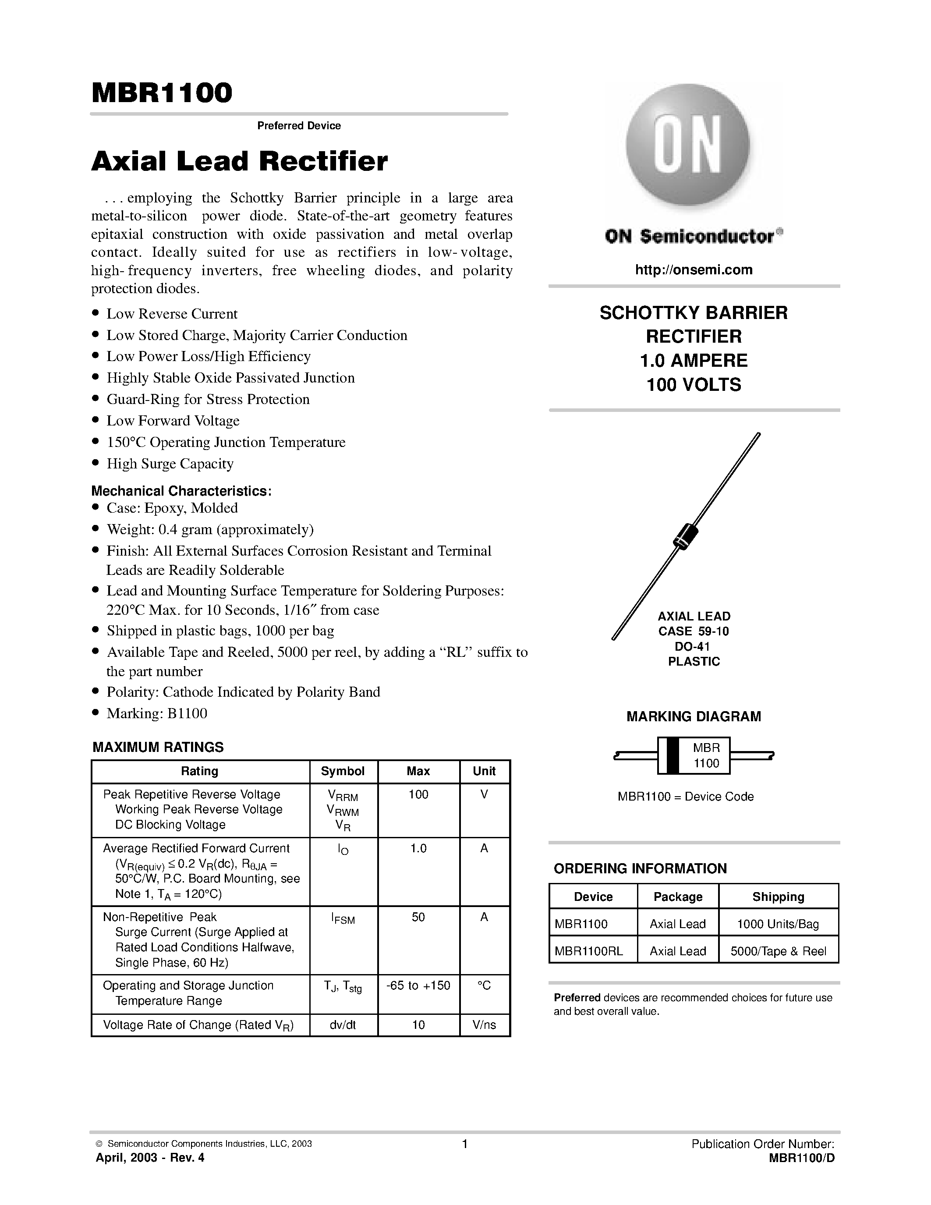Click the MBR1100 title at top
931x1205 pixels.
162,93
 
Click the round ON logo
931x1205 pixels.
687,145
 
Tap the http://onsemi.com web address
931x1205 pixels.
693,270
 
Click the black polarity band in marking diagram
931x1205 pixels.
673,756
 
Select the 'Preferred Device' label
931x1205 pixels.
299,126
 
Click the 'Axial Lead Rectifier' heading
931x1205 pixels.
239,162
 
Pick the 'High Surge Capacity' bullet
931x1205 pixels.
170,464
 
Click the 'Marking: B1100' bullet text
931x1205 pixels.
157,713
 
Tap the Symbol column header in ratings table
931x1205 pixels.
343,771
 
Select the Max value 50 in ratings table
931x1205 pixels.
418,917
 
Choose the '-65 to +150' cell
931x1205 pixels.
418,985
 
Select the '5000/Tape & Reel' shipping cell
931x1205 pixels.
778,951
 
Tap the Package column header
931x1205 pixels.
677,897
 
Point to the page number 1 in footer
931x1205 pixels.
464,1144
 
